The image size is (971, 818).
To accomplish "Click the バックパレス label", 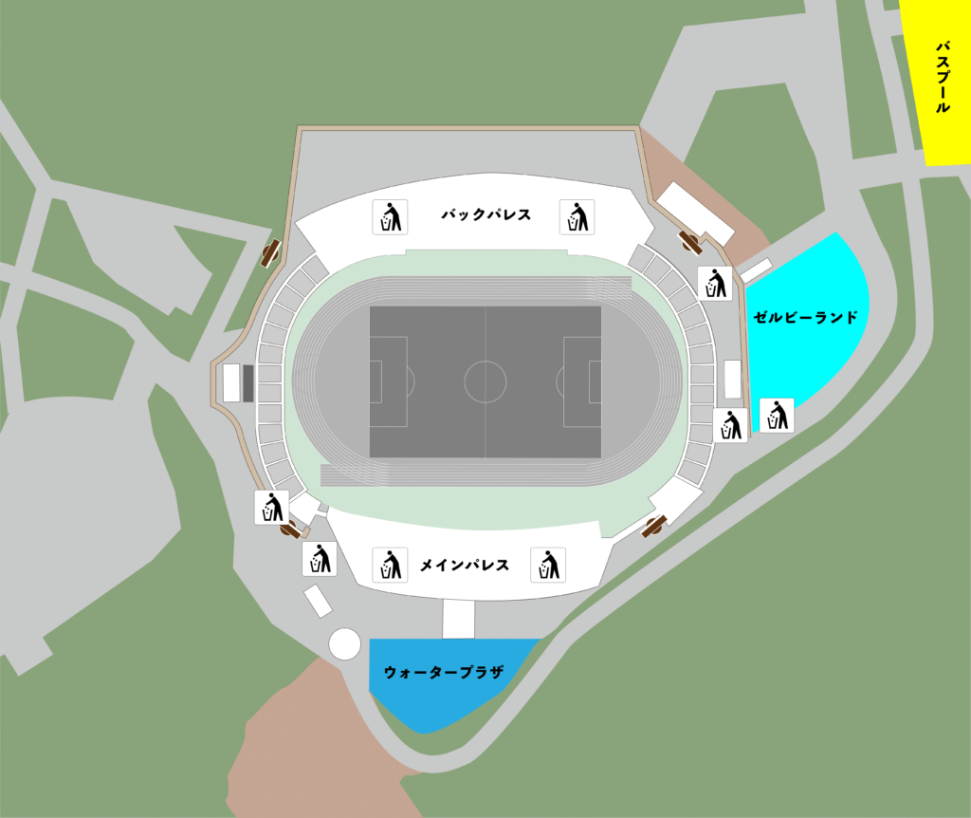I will click(485, 216).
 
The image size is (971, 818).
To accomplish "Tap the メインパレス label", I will click(465, 566).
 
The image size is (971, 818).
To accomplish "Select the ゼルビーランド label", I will click(805, 317).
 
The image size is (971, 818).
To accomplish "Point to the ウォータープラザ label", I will click(443, 672).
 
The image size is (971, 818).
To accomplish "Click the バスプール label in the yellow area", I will click(943, 77).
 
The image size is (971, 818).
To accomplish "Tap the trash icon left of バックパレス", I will click(389, 217).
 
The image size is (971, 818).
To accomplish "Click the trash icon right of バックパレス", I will click(577, 217).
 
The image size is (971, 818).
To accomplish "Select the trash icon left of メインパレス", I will click(389, 566).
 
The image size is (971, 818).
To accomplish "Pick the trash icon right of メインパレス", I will click(547, 566).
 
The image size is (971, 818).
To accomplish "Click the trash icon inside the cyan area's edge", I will click(778, 415).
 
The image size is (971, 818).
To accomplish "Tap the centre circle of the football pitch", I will click(485, 381).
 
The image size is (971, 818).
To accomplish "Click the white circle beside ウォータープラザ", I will click(345, 643).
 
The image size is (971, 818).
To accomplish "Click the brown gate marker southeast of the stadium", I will click(654, 526).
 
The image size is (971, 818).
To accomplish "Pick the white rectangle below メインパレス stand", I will click(458, 619).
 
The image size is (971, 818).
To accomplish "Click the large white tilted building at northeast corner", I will click(697, 213).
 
